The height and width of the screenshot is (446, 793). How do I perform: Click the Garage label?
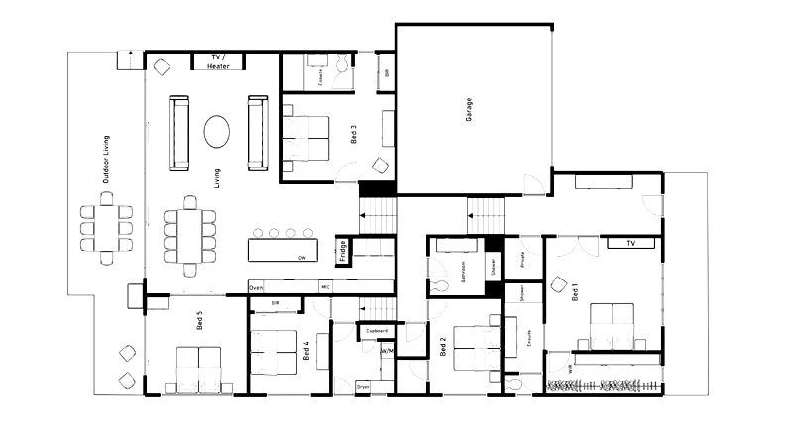click(x=469, y=108)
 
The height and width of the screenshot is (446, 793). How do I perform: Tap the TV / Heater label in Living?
click(x=219, y=62)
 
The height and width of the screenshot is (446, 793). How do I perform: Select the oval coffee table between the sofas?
click(x=218, y=131)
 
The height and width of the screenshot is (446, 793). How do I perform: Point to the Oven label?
click(x=256, y=287)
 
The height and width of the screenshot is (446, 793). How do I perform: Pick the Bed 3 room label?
click(x=355, y=134)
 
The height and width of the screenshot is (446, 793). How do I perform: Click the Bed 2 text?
click(x=443, y=347)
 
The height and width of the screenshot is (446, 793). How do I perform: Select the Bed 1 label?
click(x=574, y=291)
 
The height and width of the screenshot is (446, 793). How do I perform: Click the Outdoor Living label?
click(x=106, y=160)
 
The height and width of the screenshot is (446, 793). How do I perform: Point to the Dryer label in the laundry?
click(x=363, y=387)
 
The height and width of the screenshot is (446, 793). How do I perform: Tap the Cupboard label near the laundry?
click(x=377, y=331)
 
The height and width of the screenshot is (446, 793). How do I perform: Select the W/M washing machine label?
click(x=386, y=350)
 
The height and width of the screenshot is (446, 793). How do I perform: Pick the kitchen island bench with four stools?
click(x=284, y=248)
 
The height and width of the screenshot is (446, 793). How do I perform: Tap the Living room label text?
click(x=216, y=178)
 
